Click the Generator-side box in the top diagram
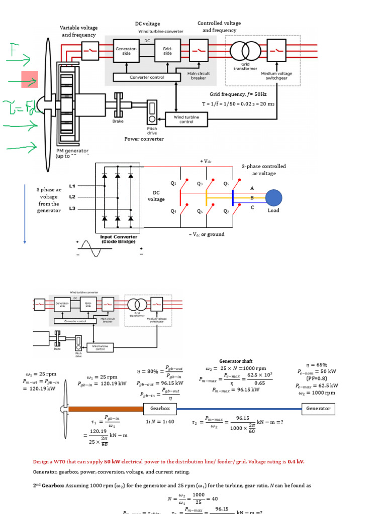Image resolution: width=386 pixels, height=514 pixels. click(126, 51)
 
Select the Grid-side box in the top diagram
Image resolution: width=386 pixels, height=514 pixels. click(167, 51)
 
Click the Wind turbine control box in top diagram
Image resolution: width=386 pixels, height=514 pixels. click(186, 119)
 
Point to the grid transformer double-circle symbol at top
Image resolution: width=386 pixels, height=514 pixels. click(245, 51)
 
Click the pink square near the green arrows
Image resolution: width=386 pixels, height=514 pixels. click(30, 79)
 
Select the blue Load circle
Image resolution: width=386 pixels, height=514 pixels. click(274, 198)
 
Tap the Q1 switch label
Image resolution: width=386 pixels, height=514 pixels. click(174, 184)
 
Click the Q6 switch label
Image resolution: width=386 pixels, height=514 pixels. click(200, 211)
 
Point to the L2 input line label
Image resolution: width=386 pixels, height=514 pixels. click(72, 197)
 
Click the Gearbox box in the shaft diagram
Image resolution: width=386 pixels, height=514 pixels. click(160, 409)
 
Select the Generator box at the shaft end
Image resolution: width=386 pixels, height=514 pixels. click(319, 409)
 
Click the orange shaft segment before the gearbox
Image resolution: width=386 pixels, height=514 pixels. click(106, 409)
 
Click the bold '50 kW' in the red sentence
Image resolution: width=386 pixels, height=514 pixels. click(112, 462)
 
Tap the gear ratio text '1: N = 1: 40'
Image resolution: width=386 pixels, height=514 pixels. click(160, 422)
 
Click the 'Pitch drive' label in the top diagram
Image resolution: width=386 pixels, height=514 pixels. click(152, 130)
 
